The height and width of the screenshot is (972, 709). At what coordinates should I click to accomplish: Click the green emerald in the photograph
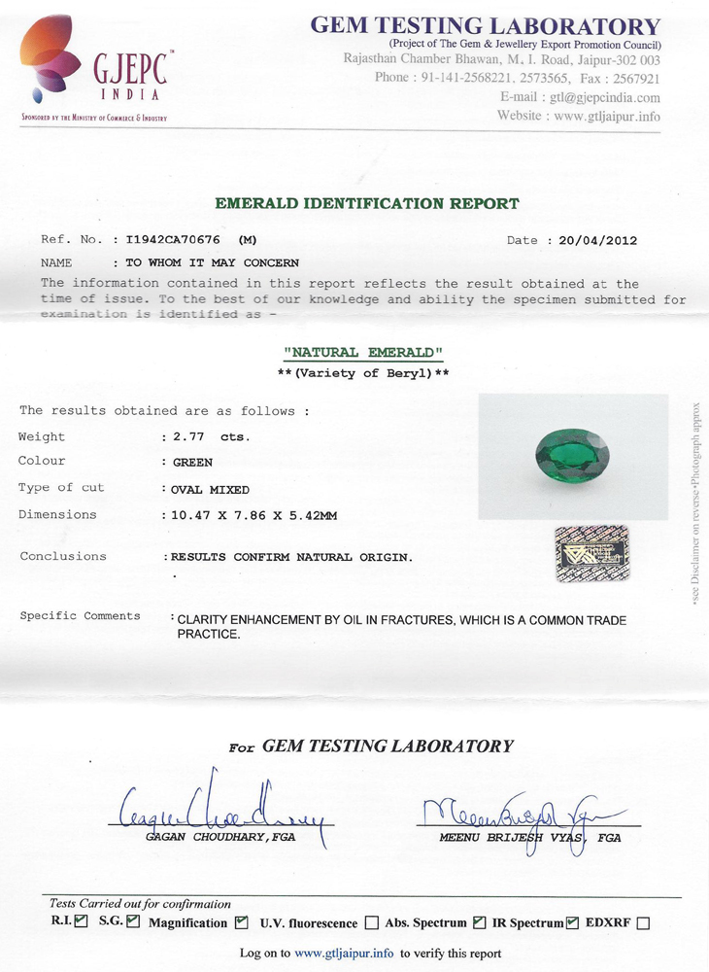572,455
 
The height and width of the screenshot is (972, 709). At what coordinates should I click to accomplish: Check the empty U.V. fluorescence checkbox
372,923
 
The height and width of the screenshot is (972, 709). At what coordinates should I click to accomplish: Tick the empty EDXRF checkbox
643,923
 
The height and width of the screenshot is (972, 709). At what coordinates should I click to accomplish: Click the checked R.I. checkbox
82,921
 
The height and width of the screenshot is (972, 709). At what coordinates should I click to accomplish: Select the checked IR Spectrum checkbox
573,922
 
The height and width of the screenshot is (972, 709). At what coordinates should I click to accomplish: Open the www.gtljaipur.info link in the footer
345,954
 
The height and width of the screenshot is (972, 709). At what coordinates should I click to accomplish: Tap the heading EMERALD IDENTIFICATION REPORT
367,204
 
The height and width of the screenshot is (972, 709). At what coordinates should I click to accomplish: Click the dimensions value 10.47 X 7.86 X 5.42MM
254,515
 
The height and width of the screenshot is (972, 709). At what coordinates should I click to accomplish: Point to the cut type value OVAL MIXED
211,490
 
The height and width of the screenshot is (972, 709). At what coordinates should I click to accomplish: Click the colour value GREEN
192,463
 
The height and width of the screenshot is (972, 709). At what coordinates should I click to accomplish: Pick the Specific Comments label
80,616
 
